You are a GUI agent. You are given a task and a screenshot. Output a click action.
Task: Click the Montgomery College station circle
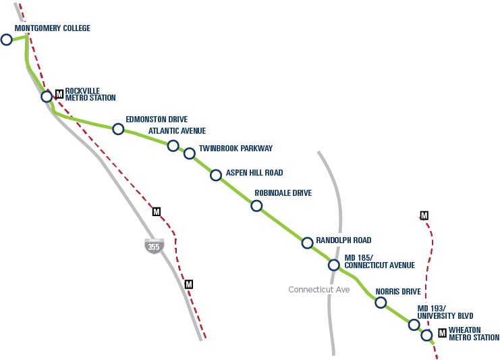pyautogui.click(x=7, y=39)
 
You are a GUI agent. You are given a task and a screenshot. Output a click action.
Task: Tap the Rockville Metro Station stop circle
pyautogui.click(x=47, y=97)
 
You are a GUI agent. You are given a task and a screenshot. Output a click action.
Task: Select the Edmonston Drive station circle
pyautogui.click(x=118, y=129)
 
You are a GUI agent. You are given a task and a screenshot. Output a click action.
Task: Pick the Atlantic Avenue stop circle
pyautogui.click(x=173, y=146)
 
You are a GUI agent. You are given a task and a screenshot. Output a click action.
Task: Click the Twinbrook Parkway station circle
pyautogui.click(x=189, y=153)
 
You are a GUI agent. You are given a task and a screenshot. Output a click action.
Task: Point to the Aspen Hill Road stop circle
pyautogui.click(x=216, y=176)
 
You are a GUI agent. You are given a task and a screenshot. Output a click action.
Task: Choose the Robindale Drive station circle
pyautogui.click(x=256, y=206)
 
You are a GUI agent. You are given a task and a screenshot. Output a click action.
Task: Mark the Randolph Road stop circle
pyautogui.click(x=307, y=242)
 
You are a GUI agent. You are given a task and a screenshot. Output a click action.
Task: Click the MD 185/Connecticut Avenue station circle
pyautogui.click(x=333, y=265)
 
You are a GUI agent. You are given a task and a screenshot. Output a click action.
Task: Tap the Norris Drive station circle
pyautogui.click(x=381, y=303)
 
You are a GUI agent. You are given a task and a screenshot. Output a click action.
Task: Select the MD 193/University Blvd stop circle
pyautogui.click(x=414, y=325)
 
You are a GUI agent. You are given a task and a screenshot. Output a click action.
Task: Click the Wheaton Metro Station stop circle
pyautogui.click(x=426, y=335)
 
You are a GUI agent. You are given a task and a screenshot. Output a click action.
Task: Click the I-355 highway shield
pyautogui.click(x=154, y=246)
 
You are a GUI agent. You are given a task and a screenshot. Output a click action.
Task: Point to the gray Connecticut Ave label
pyautogui.click(x=319, y=290)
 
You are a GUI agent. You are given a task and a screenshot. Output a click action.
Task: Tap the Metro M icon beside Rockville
pyautogui.click(x=59, y=93)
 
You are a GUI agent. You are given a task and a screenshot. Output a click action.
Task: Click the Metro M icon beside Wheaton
pyautogui.click(x=442, y=332)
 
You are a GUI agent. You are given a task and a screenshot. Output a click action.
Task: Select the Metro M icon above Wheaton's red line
pyautogui.click(x=424, y=215)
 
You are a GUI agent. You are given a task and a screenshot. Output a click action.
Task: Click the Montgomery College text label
pyautogui.click(x=53, y=28)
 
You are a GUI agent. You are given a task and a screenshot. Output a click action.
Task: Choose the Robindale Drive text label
pyautogui.click(x=283, y=193)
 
